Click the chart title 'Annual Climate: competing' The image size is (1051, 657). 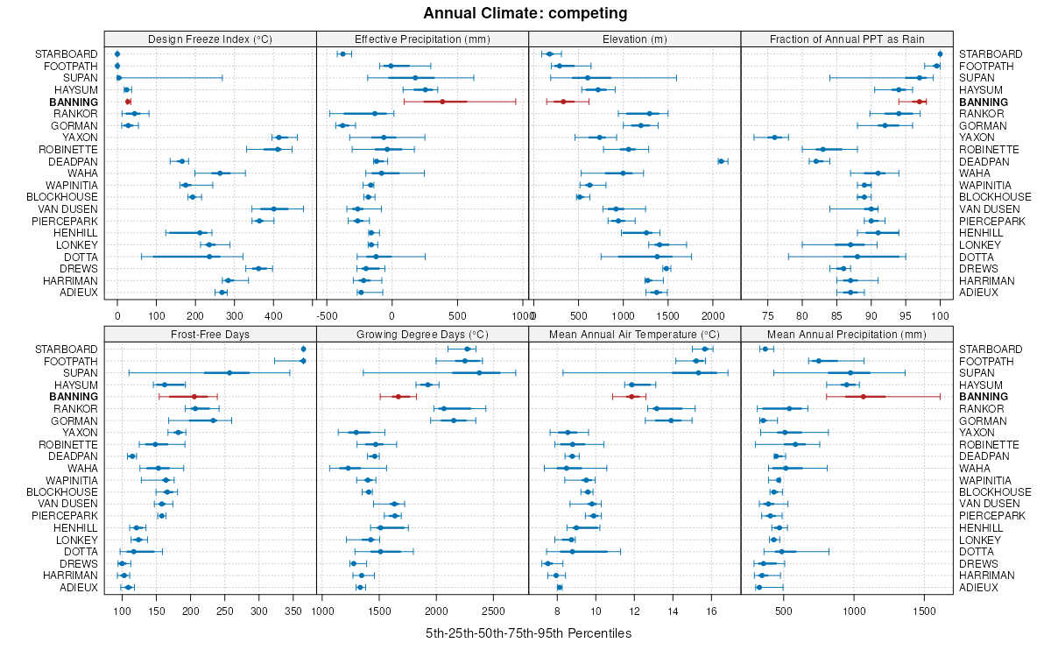[x=525, y=13]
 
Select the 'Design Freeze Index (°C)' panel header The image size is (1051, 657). [x=210, y=39]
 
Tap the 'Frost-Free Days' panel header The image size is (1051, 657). [x=210, y=334]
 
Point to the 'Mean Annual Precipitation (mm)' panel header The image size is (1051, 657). [x=846, y=334]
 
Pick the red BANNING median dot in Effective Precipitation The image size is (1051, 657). [x=442, y=102]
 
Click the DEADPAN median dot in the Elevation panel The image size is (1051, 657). [x=721, y=161]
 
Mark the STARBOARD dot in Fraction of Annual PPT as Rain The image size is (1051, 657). [x=940, y=54]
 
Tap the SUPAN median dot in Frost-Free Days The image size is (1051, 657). [x=229, y=373]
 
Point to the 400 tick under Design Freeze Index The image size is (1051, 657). [x=273, y=315]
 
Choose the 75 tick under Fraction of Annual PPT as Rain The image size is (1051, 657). [x=768, y=315]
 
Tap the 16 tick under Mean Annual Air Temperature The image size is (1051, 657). [x=710, y=610]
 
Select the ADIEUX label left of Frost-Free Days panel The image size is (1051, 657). [x=79, y=587]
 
